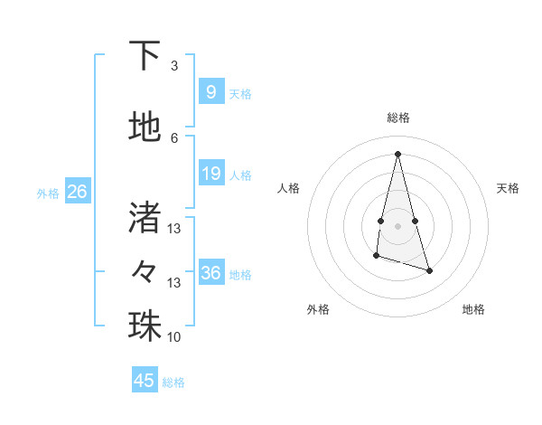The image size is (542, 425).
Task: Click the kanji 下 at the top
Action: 145,56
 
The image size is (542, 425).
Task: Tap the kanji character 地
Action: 145,127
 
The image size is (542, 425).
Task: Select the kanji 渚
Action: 145,216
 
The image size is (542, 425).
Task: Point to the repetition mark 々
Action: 145,269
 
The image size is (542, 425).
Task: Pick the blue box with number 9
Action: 210,92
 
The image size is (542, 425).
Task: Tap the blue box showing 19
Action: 210,174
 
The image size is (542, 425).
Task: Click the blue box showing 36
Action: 210,273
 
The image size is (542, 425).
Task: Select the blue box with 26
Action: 77,192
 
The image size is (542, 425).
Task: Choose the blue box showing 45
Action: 145,381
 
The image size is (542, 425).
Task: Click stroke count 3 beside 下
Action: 174,66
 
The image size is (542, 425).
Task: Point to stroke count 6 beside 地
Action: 174,137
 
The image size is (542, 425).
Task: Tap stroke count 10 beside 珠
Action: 174,337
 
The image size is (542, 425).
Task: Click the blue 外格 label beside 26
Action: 47,193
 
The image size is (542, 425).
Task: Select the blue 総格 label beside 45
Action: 173,382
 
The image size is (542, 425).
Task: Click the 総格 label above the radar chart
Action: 398,118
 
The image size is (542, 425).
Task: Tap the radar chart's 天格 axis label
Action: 508,188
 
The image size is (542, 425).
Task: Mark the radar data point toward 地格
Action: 429,270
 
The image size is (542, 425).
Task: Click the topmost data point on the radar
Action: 397,153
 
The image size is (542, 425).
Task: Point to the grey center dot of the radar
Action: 397,224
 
